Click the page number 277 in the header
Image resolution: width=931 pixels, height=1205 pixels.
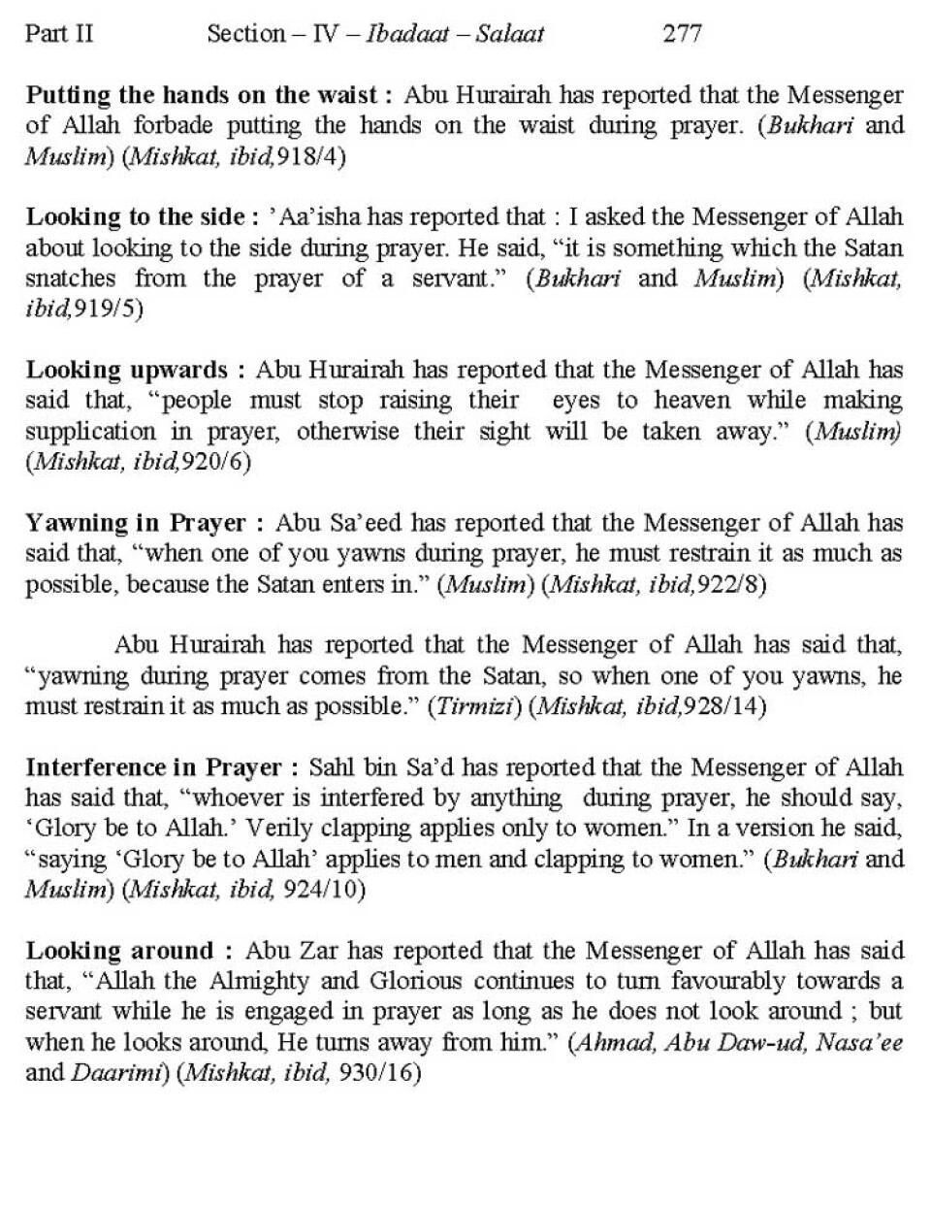tap(682, 34)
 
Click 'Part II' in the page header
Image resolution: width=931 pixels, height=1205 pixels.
tap(59, 34)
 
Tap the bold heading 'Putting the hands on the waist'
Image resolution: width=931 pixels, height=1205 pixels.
tap(201, 95)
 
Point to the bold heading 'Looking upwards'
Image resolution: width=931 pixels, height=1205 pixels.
tap(127, 370)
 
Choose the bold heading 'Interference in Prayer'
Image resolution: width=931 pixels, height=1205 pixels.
tap(154, 767)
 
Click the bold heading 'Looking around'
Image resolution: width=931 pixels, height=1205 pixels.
tap(119, 951)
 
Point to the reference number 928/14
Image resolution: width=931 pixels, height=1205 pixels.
tap(723, 706)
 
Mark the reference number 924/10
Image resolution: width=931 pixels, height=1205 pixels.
tap(321, 890)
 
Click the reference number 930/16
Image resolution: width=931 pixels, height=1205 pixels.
tap(375, 1074)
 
